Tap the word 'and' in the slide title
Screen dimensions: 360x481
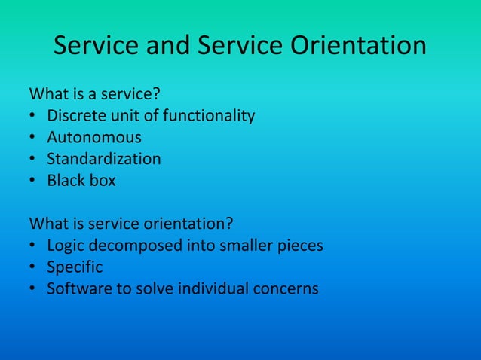167,47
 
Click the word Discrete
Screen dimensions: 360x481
76,116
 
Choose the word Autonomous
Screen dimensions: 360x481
94,138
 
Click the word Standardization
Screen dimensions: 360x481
104,159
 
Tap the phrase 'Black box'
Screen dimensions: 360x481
81,181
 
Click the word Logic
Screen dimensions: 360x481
65,246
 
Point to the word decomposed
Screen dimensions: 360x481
130,246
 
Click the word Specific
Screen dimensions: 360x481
75,267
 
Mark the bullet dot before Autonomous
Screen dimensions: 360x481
33,139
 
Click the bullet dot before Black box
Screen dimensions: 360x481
33,182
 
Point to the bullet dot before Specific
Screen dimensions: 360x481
33,267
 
